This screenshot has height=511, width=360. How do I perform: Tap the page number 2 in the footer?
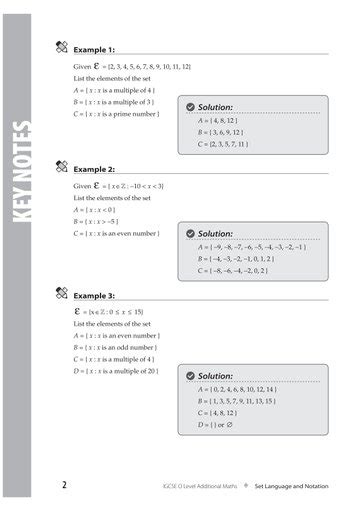pos(64,485)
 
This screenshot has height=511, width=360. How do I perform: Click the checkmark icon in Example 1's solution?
pos(190,107)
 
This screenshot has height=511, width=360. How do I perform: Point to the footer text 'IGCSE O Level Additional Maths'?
pos(199,486)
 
